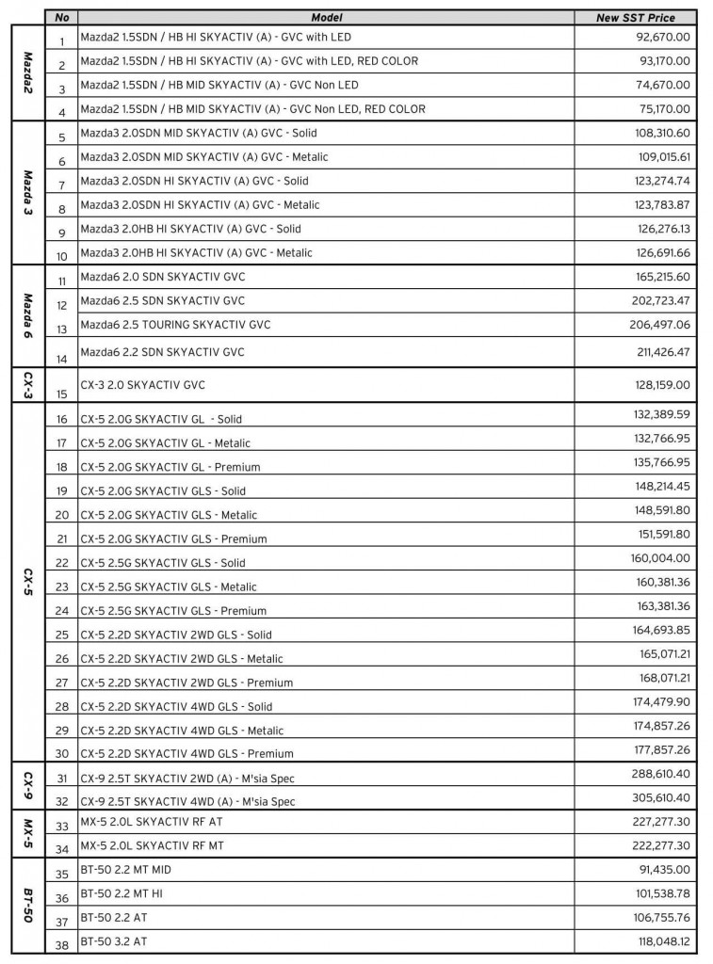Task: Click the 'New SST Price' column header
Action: tap(636, 17)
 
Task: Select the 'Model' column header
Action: tap(327, 17)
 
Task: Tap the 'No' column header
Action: tap(62, 17)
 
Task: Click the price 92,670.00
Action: tap(664, 37)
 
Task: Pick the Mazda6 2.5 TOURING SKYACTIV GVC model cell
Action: tap(176, 325)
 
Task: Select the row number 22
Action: tap(62, 563)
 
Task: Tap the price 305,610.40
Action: tap(661, 796)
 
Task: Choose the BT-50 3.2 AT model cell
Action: tap(114, 940)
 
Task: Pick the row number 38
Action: tap(62, 942)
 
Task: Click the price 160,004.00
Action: tap(661, 558)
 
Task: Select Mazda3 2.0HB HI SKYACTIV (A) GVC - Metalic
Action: tap(197, 252)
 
